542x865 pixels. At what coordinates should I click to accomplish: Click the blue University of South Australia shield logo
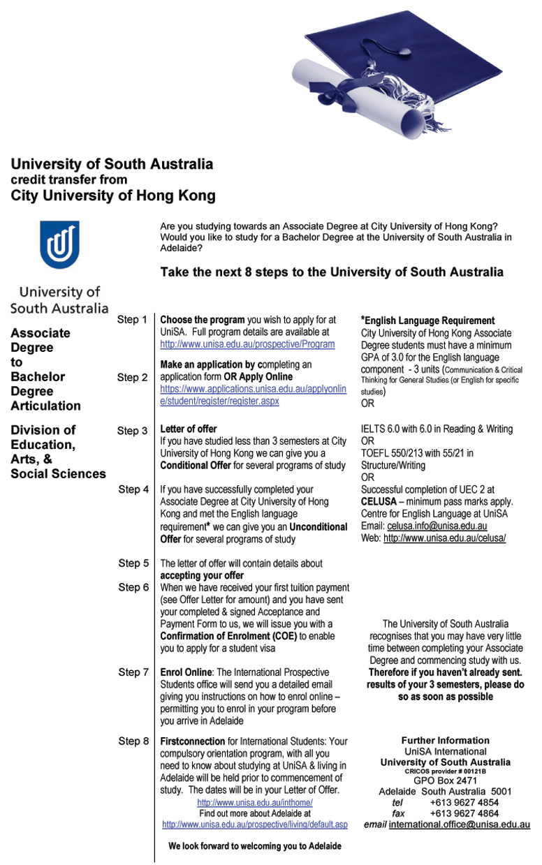click(x=59, y=244)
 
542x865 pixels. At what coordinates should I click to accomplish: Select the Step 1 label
click(x=132, y=320)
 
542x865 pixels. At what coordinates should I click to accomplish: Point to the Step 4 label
click(x=133, y=489)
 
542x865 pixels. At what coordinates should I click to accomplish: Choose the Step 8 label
click(x=133, y=741)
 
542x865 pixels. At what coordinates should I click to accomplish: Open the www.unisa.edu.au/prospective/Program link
click(x=247, y=344)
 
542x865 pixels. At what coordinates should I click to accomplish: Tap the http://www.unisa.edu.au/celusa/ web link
click(x=444, y=538)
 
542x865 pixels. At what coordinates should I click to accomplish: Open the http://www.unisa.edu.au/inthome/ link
click(x=255, y=803)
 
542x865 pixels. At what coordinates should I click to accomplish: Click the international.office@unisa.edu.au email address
click(x=459, y=825)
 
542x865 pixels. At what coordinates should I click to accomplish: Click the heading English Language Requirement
click(x=429, y=320)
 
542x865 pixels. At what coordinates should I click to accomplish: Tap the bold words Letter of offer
click(x=189, y=429)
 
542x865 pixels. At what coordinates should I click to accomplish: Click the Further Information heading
click(x=445, y=740)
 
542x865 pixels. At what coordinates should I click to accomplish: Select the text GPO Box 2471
click(x=445, y=781)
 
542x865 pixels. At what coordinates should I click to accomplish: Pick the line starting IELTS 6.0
click(x=437, y=429)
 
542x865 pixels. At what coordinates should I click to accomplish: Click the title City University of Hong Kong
click(x=113, y=196)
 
